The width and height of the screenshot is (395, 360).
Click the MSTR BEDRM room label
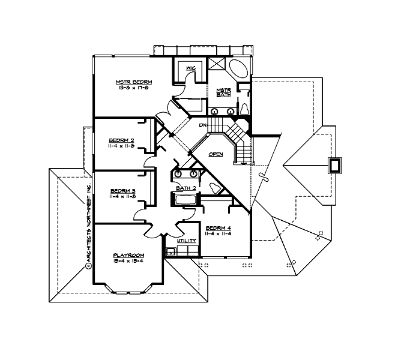pos(134,82)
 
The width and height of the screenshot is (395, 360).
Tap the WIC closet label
pos(191,68)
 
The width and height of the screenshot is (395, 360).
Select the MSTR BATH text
pos(224,92)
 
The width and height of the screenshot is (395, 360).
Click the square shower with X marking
pos(217,65)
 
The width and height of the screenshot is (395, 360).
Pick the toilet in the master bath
pos(245,109)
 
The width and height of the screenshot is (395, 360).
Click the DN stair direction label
pos(204,125)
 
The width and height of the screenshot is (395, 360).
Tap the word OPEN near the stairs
pos(216,154)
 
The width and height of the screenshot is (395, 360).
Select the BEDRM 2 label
pos(122,140)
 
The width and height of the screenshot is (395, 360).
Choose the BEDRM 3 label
pos(122,191)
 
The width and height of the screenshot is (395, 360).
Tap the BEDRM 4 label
pos(218,228)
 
